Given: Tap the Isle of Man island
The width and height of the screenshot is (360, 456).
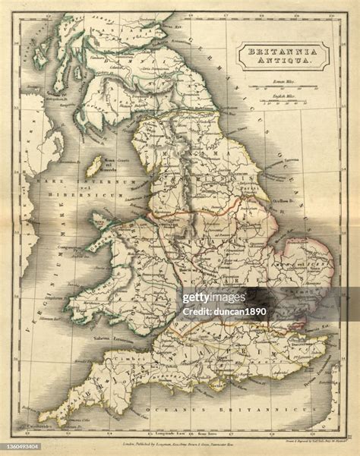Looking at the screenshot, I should (95, 166).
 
